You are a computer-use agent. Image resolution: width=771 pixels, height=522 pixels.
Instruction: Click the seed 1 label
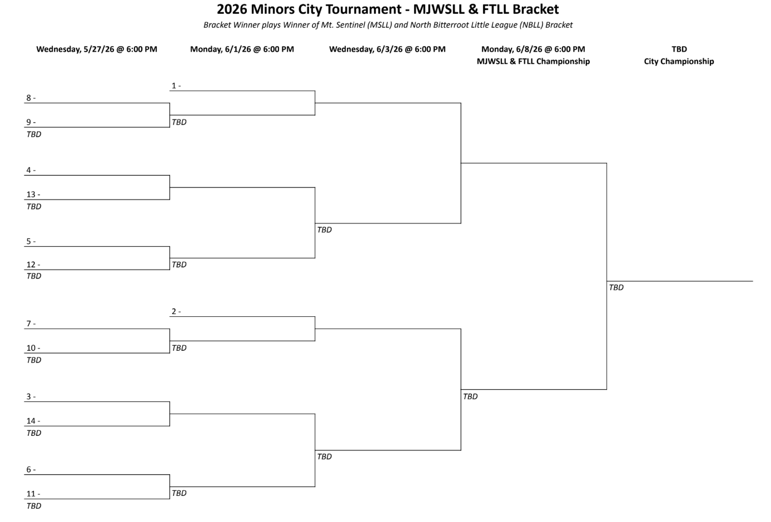pyautogui.click(x=176, y=86)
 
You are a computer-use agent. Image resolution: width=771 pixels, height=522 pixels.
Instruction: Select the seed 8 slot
pyautogui.click(x=31, y=98)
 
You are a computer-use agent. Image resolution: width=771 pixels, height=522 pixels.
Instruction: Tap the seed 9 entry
pyautogui.click(x=31, y=122)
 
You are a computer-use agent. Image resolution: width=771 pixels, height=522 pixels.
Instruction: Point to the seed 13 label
pyautogui.click(x=33, y=195)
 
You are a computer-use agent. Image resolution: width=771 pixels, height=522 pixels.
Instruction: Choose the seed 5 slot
pyautogui.click(x=31, y=242)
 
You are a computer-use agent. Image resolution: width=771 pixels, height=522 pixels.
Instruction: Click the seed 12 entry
pyautogui.click(x=33, y=265)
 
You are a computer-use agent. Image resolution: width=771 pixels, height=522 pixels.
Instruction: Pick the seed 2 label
pyautogui.click(x=176, y=311)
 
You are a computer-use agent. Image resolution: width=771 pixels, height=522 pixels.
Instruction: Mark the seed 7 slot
pyautogui.click(x=31, y=324)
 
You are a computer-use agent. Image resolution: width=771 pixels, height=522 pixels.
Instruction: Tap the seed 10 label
pyautogui.click(x=33, y=348)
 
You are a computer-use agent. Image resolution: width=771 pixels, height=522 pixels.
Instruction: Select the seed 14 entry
pyautogui.click(x=33, y=421)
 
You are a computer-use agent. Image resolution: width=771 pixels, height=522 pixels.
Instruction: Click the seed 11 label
pyautogui.click(x=33, y=494)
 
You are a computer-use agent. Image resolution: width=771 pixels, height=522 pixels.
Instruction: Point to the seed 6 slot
pyautogui.click(x=31, y=470)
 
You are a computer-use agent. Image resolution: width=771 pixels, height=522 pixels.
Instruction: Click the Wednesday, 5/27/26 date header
pyautogui.click(x=97, y=49)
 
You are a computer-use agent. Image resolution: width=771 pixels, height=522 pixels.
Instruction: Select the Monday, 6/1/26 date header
pyautogui.click(x=242, y=49)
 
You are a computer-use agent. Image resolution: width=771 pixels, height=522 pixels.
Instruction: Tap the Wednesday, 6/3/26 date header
pyautogui.click(x=387, y=49)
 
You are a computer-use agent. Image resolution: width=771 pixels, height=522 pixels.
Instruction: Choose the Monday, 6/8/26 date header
pyautogui.click(x=533, y=49)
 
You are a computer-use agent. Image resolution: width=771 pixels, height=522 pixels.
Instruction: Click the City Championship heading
pyautogui.click(x=679, y=61)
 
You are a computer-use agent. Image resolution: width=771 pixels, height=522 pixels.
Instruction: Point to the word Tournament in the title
pyautogui.click(x=366, y=9)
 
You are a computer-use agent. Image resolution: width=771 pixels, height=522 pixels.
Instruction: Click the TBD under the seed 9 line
pyautogui.click(x=34, y=134)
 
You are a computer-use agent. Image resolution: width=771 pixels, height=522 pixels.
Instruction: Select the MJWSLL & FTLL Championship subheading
pyautogui.click(x=533, y=61)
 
